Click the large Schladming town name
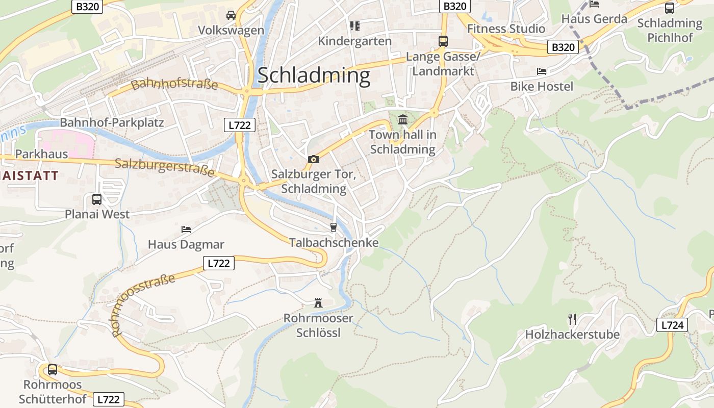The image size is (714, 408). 314,75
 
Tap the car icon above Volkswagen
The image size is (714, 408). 231,15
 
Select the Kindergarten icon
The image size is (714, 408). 354,25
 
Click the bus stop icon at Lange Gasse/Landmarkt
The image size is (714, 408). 443,41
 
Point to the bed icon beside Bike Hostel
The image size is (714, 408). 542,71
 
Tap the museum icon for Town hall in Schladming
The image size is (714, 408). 403,120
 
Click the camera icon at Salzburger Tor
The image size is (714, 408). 314,159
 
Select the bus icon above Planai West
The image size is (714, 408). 97,199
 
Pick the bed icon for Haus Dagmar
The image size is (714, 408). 186,229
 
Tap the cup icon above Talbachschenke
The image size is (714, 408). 334,227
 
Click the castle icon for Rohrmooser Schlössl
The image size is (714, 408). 318,303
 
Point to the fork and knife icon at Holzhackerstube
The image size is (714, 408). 572,319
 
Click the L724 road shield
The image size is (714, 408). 672,325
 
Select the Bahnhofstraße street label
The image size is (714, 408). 174,85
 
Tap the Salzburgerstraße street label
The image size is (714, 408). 164,167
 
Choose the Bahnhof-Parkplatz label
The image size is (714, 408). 112,122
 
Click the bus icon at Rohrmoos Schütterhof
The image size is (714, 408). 53,369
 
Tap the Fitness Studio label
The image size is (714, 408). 506,29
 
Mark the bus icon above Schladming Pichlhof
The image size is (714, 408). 670,8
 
